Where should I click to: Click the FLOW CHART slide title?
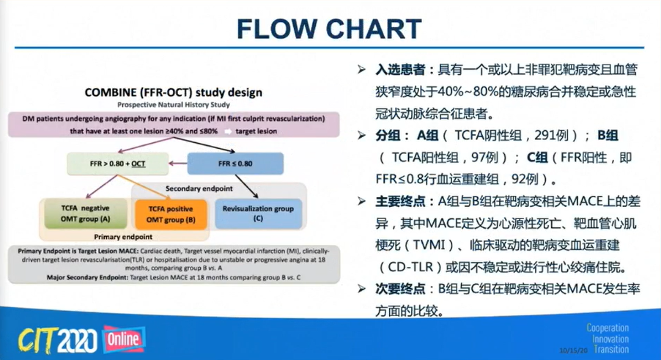click(330, 28)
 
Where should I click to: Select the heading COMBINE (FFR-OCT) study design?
click(174, 92)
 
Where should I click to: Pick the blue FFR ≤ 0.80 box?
click(235, 164)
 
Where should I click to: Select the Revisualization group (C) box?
click(257, 214)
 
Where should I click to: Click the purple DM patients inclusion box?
click(174, 124)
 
